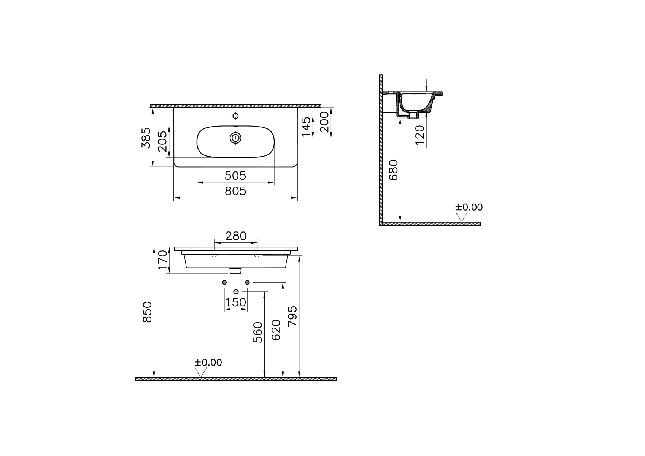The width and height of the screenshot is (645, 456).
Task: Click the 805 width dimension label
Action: coord(235,191)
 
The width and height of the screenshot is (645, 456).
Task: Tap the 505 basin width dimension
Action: coord(235,176)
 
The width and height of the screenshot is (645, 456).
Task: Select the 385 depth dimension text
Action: coord(146,138)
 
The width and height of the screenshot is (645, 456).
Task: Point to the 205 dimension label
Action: coord(162,141)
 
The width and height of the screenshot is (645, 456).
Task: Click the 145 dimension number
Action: coord(307,127)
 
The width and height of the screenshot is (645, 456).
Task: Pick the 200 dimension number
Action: coord(324,122)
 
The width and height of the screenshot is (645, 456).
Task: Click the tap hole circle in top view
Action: coord(235,116)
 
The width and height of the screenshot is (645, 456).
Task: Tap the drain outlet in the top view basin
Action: coord(235,138)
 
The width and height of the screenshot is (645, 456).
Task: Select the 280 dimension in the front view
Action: coord(236,236)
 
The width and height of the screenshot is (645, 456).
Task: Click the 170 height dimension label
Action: coord(163,260)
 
